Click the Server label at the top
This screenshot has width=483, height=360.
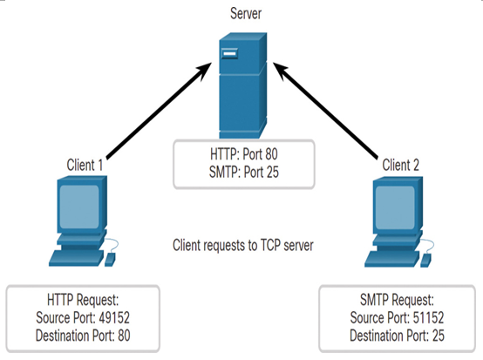coord(246,14)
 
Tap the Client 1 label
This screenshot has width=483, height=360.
coord(85,165)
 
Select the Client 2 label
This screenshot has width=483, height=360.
coord(401,165)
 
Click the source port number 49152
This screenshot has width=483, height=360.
coord(114,318)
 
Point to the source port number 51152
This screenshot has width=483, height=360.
coord(428,318)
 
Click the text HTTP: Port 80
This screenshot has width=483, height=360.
coord(244,154)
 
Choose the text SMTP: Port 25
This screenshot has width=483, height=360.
coord(244,172)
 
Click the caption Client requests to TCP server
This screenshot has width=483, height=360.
coord(243,246)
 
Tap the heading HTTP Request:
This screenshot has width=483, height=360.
coord(83,300)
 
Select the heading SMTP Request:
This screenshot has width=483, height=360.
coord(397,300)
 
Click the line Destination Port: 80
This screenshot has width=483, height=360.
coord(83,336)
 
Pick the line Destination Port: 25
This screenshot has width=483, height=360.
coord(397,336)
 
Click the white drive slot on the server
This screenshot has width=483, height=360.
coord(229,54)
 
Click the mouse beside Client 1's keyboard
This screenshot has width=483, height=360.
coord(110,260)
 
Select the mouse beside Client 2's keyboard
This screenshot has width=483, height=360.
coord(426,261)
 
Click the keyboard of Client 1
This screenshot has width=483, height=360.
coord(77,258)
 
